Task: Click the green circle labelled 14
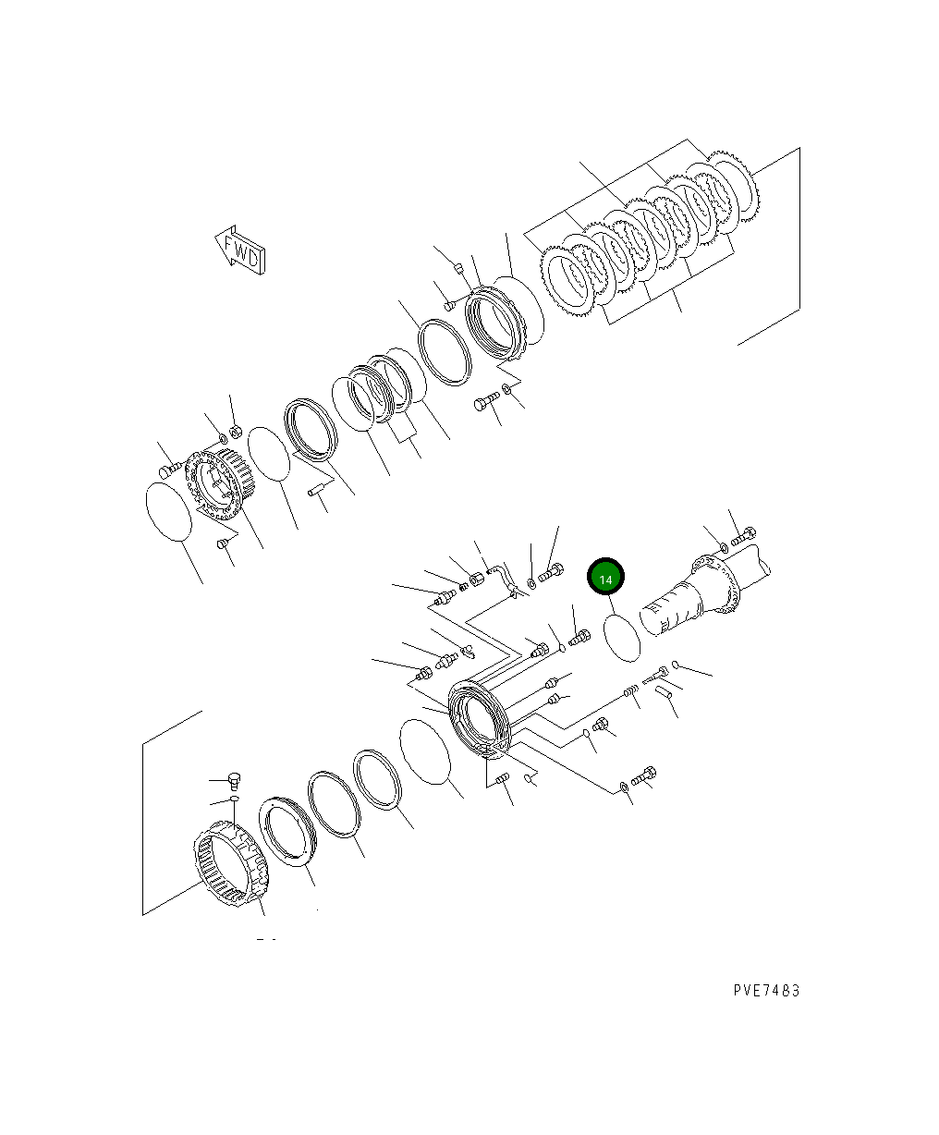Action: [606, 579]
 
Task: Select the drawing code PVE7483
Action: [766, 990]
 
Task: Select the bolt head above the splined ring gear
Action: [234, 778]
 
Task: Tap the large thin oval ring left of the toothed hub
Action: [169, 511]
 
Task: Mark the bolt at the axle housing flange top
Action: [743, 535]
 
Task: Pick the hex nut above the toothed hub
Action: [235, 431]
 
